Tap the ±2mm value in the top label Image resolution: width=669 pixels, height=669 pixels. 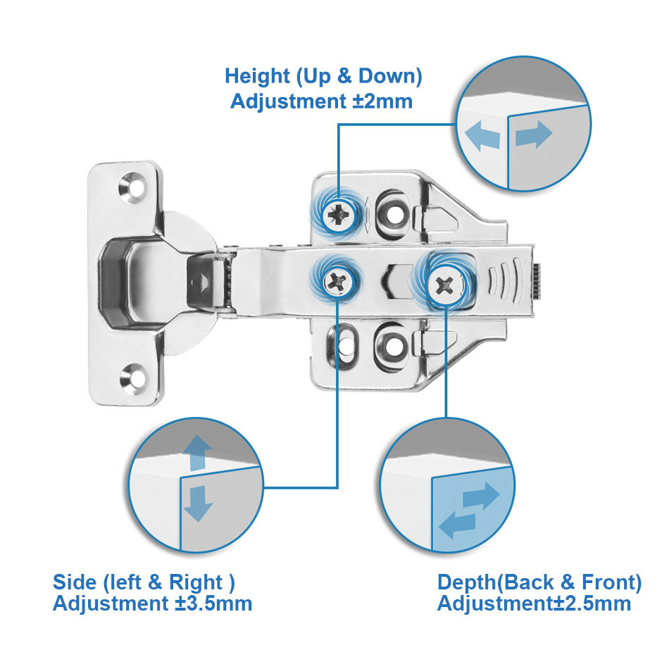[x=382, y=101]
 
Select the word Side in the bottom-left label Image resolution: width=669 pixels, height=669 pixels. [x=74, y=582]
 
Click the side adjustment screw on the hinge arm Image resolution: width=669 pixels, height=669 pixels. [x=336, y=283]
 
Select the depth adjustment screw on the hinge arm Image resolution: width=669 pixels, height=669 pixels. [x=445, y=285]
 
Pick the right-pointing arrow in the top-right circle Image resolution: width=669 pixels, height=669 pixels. [x=534, y=135]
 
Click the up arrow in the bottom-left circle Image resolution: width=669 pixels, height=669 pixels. [x=198, y=451]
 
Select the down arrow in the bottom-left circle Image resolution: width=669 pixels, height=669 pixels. [x=198, y=503]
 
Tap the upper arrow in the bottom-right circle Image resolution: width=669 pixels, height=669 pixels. [x=481, y=497]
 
